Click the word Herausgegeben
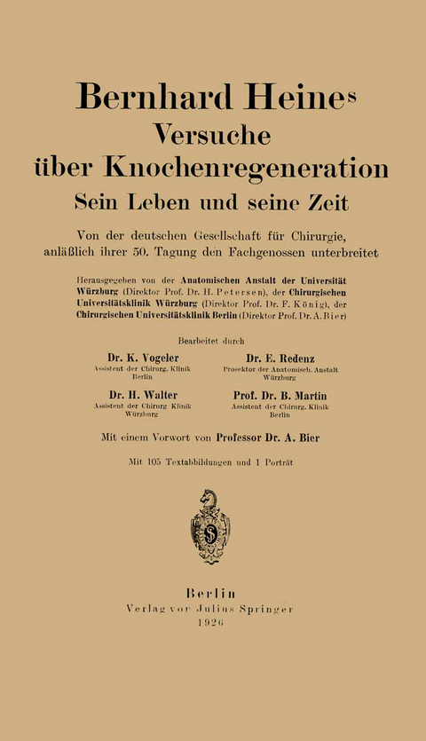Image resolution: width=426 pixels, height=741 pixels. coord(111,275)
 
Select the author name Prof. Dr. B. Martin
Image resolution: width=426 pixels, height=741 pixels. coord(289,395)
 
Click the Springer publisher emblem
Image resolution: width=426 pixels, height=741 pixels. coord(210,525)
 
